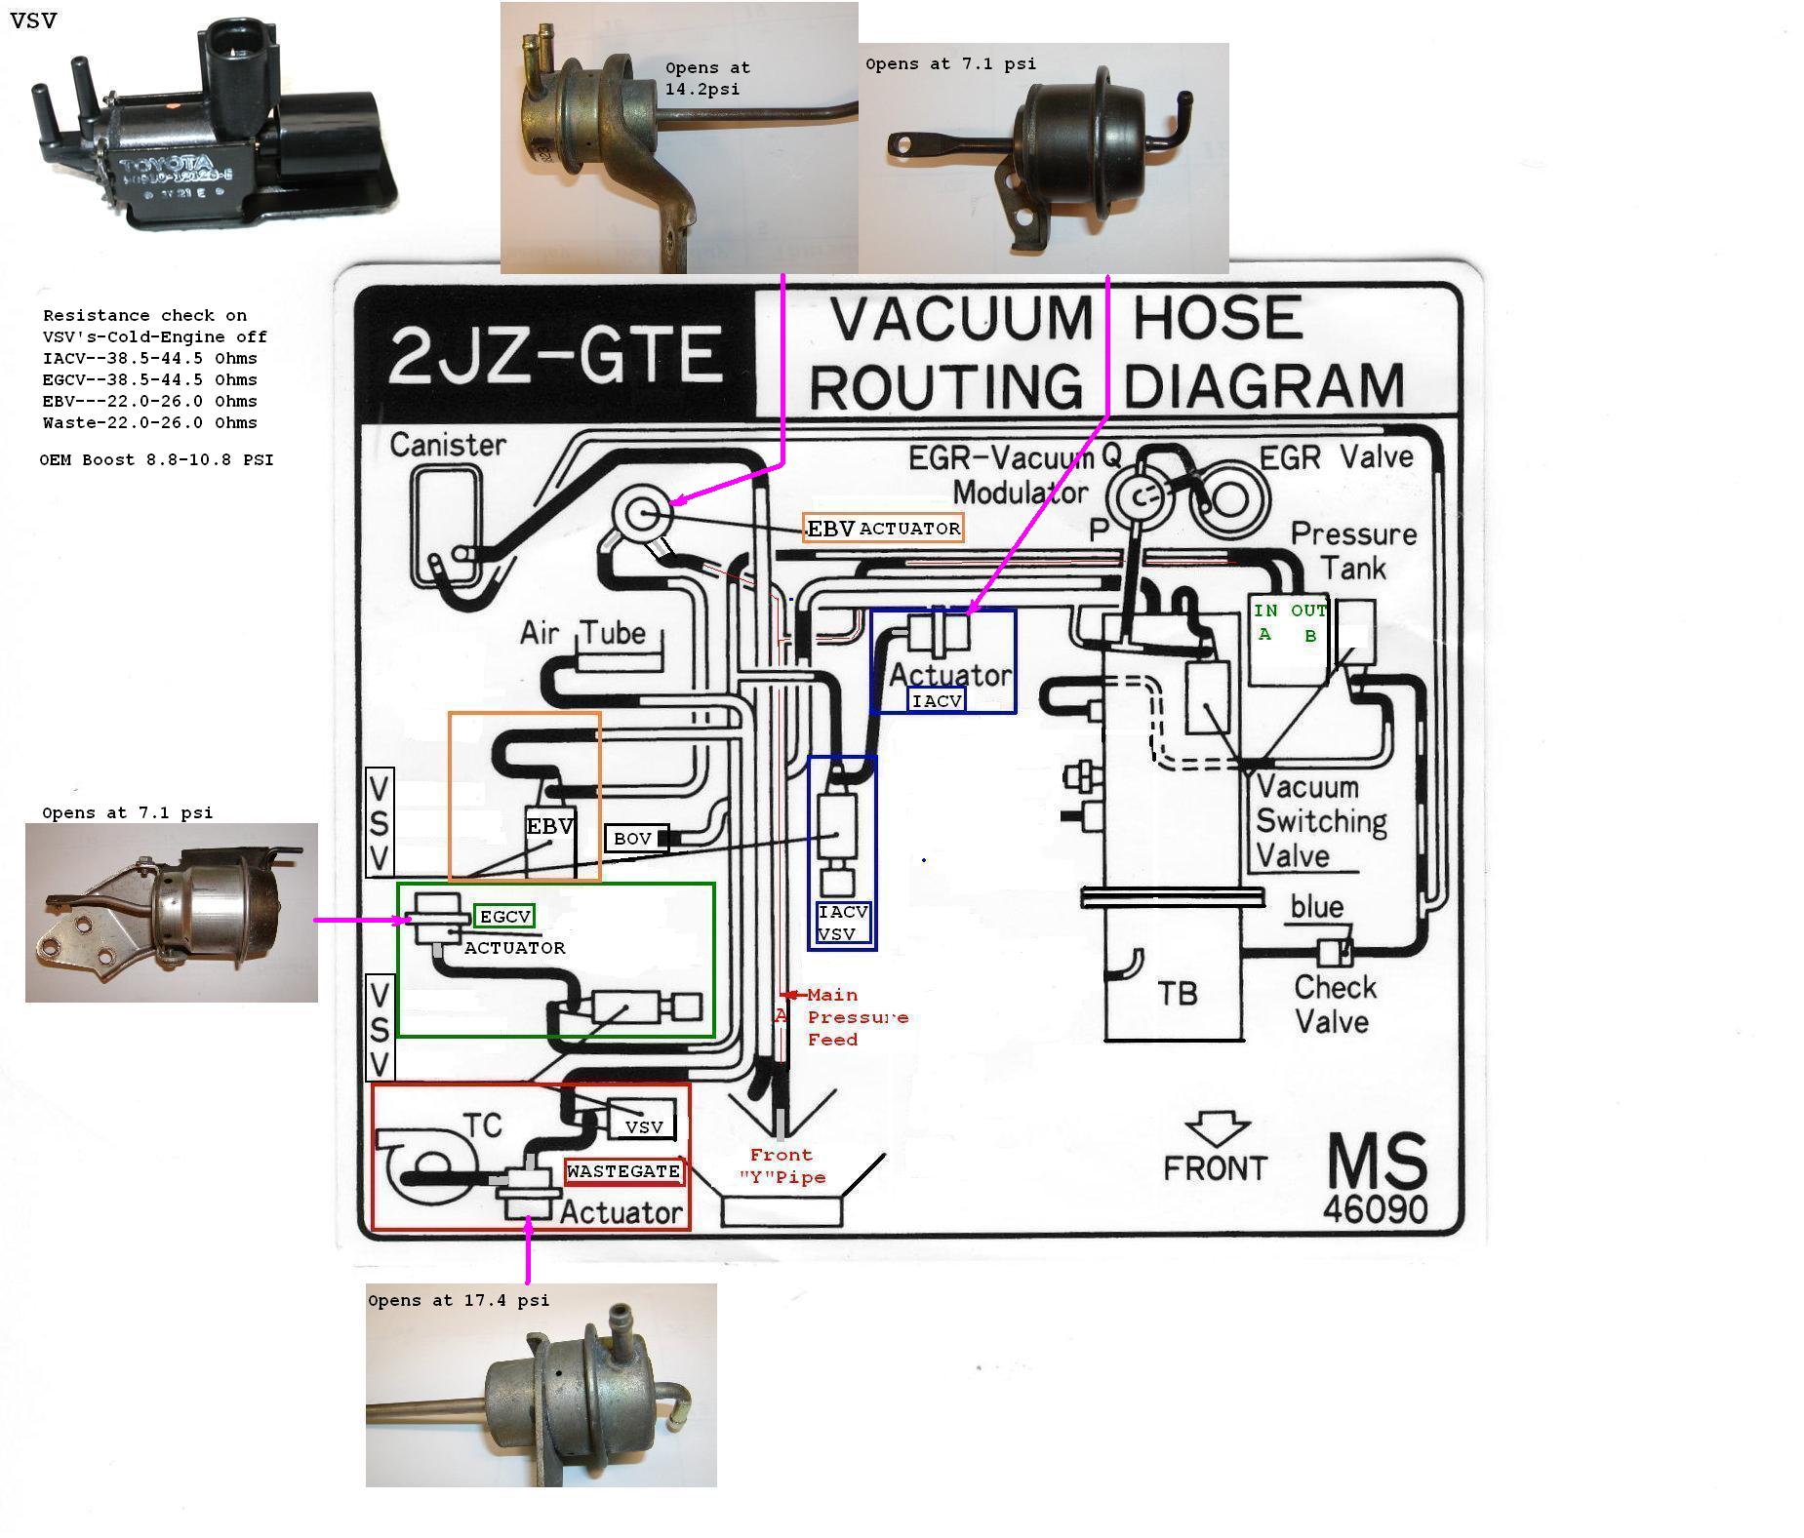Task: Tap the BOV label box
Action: coord(633,839)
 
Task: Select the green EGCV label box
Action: coord(504,917)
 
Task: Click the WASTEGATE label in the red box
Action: coord(623,1171)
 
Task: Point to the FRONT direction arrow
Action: coord(1217,1129)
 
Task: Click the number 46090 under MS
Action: coord(1375,1209)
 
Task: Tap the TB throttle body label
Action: coord(1177,994)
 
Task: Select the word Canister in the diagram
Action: coord(448,445)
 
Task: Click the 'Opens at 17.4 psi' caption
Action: coord(459,1300)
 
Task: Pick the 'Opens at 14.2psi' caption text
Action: coord(706,78)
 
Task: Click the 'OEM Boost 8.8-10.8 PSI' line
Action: coord(156,459)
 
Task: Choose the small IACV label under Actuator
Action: coord(937,700)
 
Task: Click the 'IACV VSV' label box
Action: coord(843,923)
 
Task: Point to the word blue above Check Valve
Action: coord(1316,907)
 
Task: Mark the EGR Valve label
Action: coord(1336,457)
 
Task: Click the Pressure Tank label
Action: coord(1353,550)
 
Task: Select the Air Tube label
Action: coord(582,633)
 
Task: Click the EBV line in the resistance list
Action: coord(149,402)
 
